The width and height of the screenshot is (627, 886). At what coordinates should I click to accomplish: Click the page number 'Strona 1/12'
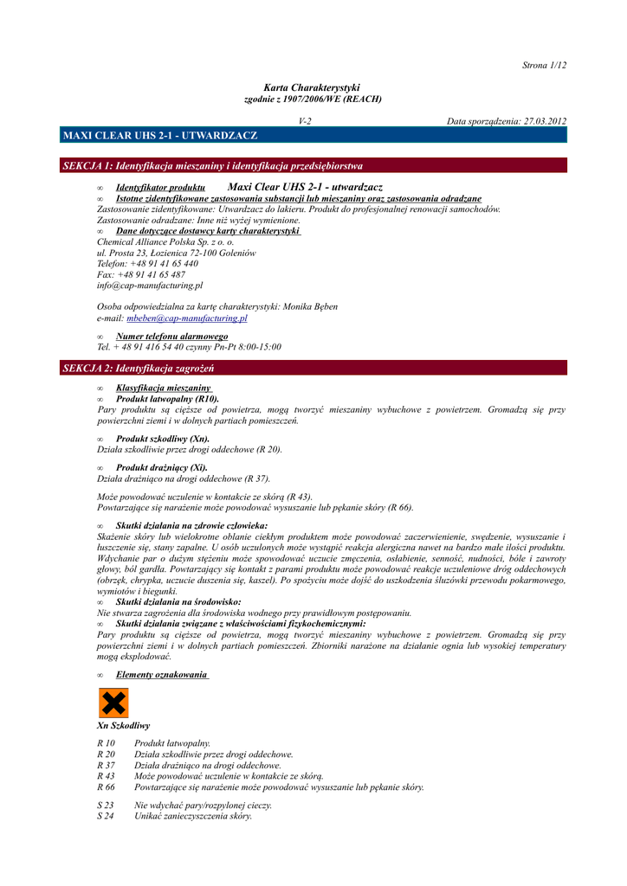point(545,65)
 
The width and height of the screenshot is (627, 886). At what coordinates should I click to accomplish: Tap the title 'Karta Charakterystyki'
point(312,87)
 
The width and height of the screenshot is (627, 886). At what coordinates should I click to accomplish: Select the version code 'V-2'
point(305,122)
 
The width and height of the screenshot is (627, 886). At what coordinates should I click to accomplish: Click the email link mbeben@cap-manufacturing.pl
point(186,318)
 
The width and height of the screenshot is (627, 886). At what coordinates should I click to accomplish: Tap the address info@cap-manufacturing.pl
point(150,285)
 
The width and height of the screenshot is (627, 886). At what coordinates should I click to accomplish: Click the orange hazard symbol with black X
point(113,703)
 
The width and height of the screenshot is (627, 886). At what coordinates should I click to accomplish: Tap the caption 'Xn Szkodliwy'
point(124,725)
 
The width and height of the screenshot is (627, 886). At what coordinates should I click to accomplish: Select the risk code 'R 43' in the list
point(106,776)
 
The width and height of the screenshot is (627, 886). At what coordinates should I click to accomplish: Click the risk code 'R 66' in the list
point(106,787)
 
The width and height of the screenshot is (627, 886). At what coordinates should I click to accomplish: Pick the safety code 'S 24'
point(106,816)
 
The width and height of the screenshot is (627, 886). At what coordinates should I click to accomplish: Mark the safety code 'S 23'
point(106,805)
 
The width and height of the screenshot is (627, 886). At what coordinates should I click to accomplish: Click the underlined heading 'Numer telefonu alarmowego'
point(171,336)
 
